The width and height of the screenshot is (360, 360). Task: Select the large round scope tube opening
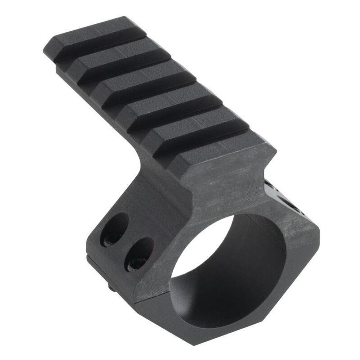(x=230, y=274)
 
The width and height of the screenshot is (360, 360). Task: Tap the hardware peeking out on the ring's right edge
(x=284, y=196)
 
